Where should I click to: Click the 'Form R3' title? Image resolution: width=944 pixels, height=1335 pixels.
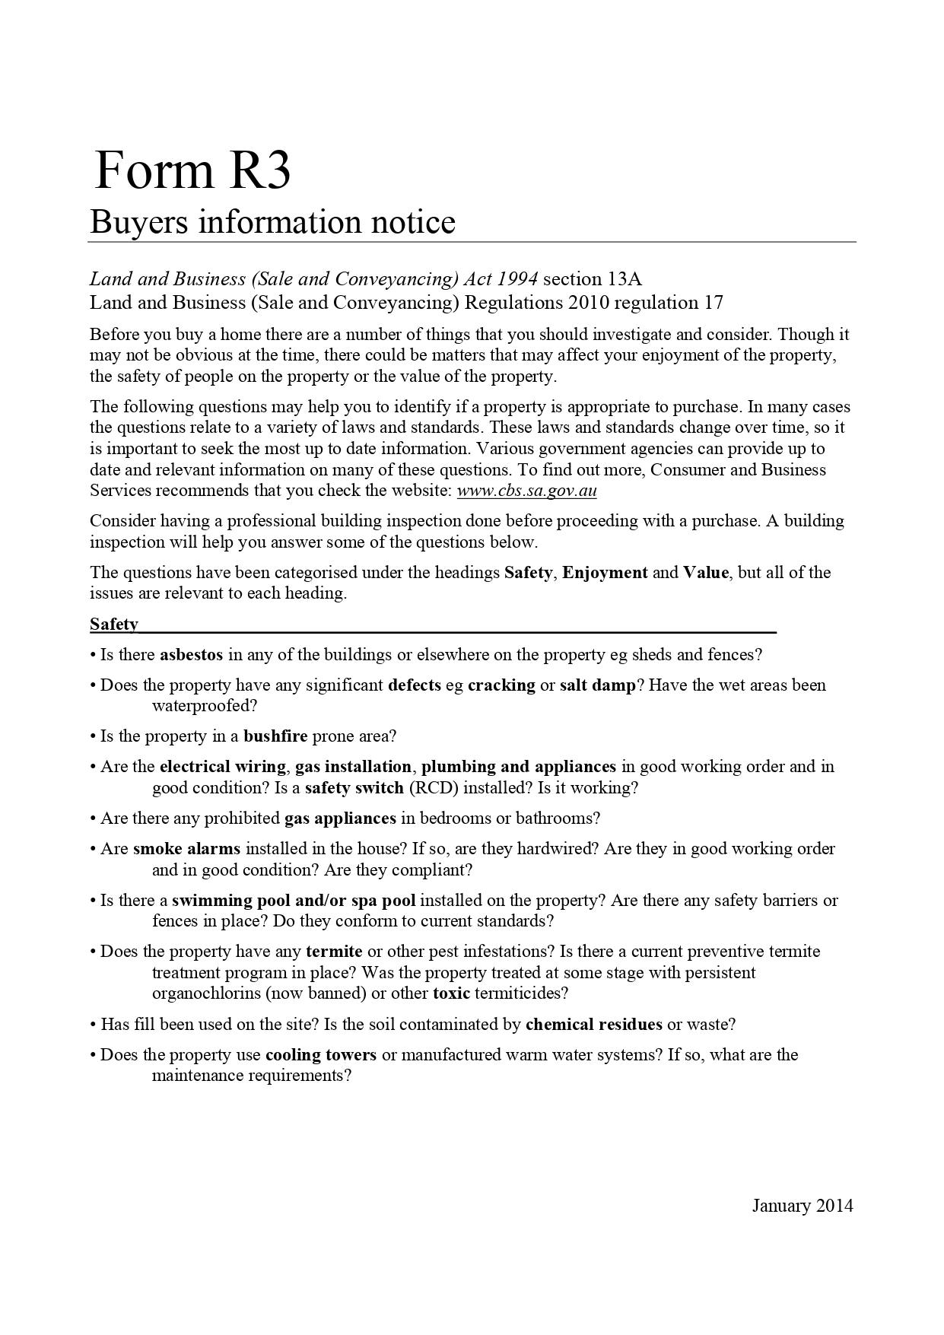tap(192, 170)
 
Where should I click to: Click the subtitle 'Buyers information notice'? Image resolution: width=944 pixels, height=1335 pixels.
tap(272, 222)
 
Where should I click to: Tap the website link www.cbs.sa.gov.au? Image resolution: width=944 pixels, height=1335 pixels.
tap(526, 491)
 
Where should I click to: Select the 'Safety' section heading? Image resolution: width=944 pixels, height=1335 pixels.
tap(114, 625)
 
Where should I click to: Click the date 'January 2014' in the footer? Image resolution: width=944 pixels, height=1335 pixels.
tap(803, 1206)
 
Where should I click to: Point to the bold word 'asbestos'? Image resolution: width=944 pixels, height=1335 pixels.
tap(191, 655)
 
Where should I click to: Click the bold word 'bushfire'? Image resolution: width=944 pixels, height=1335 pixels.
tap(275, 736)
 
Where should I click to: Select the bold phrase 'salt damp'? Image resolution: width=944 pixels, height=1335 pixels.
tap(597, 685)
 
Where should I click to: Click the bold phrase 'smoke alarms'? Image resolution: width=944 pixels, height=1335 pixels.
tap(186, 849)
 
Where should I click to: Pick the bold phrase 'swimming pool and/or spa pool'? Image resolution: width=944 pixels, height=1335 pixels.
tap(294, 901)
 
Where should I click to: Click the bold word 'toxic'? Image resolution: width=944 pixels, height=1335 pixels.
tap(451, 993)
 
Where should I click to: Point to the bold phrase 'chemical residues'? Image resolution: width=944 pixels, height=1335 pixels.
tap(593, 1025)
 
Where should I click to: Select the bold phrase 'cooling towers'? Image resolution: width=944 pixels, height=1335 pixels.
tap(320, 1055)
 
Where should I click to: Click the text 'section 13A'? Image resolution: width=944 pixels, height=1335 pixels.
tap(593, 279)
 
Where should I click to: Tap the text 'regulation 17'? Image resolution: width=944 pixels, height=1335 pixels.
tap(669, 303)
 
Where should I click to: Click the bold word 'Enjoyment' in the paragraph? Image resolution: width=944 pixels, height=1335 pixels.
tap(605, 573)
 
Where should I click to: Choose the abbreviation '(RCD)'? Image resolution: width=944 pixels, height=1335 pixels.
tap(434, 788)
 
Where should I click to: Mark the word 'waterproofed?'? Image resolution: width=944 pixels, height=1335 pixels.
tap(205, 706)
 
